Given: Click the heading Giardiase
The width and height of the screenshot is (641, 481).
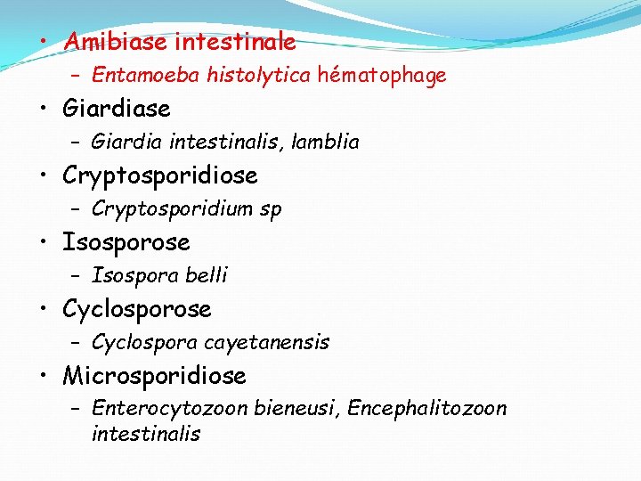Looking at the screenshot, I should [116, 109].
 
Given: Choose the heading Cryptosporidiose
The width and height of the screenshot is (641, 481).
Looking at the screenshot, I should [159, 175].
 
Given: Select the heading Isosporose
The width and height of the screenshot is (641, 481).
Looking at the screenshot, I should [126, 242].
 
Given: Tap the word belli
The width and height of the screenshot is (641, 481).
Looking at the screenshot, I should [207, 275].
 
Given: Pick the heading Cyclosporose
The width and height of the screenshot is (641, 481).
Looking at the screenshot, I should [136, 309].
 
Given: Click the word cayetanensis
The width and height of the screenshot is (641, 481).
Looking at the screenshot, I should [266, 342].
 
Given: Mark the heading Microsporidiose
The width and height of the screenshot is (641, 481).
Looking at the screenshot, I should [153, 376].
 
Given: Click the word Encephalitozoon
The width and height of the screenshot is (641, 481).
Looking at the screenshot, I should [427, 409].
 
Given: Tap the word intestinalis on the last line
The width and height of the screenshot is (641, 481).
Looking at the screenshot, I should [145, 435].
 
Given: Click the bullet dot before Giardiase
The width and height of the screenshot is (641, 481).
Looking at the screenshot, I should [44, 110].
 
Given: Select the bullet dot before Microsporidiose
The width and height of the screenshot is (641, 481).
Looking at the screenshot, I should [44, 377].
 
